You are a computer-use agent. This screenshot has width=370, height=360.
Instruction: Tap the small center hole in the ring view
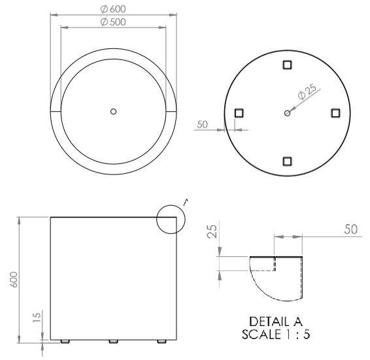[113, 112]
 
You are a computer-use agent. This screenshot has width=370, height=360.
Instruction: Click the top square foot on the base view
[287, 64]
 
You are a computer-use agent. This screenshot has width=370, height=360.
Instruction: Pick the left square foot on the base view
[239, 113]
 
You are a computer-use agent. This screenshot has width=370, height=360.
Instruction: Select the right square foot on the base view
[335, 113]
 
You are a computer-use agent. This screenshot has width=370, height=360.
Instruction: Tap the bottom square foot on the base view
[287, 161]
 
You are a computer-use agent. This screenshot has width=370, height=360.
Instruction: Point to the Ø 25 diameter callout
[306, 92]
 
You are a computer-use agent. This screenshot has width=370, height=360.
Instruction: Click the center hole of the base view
[287, 113]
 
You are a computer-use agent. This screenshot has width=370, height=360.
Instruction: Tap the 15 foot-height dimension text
[37, 316]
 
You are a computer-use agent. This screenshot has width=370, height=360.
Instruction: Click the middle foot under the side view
[113, 342]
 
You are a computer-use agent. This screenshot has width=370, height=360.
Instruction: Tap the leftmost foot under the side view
[64, 342]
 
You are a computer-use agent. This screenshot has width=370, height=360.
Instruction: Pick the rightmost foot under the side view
[162, 342]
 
